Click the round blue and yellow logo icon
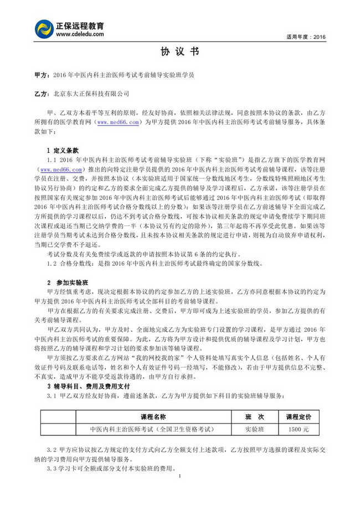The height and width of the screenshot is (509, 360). pyautogui.click(x=44, y=29)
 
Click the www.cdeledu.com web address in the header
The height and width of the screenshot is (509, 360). pyautogui.click(x=80, y=34)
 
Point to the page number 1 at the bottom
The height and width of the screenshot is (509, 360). pyautogui.click(x=180, y=476)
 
